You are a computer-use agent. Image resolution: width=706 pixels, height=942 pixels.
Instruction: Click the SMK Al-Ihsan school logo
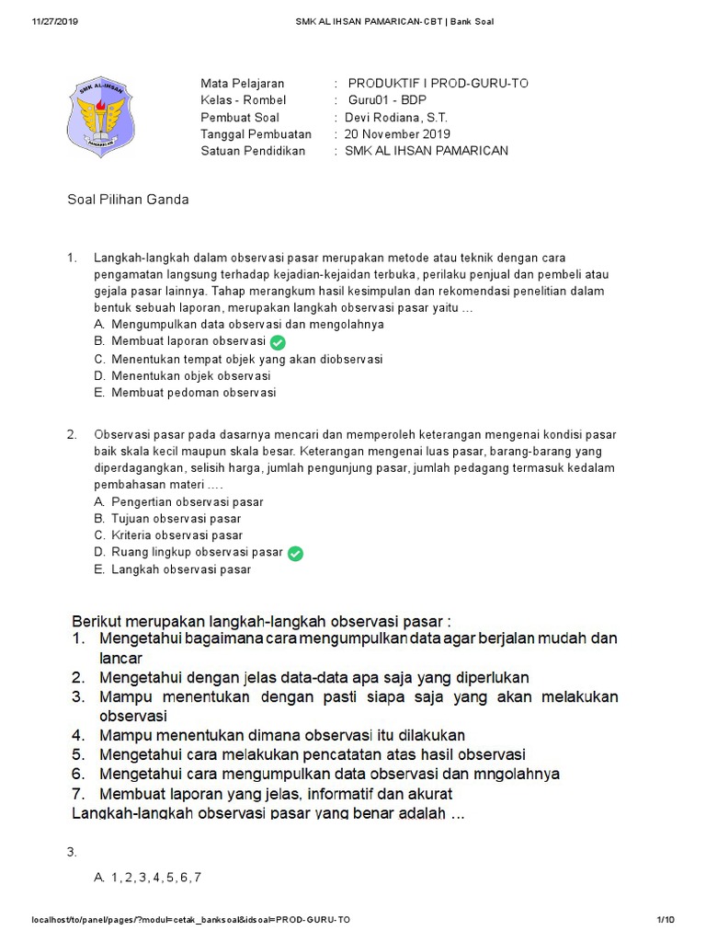(x=102, y=116)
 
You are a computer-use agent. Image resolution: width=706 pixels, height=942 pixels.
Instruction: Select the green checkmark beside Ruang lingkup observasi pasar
(x=295, y=553)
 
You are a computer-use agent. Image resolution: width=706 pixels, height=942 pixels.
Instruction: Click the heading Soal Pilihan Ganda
(x=129, y=199)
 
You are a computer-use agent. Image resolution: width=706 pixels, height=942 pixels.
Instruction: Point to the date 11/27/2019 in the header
(x=55, y=21)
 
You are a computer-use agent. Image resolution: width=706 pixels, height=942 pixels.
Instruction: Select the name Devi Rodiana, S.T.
(x=396, y=117)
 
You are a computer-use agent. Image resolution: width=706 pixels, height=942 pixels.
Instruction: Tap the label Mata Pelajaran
(x=243, y=84)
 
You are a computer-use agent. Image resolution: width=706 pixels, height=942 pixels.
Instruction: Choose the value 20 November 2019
(x=397, y=133)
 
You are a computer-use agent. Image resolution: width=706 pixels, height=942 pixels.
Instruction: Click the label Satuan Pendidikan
(x=253, y=151)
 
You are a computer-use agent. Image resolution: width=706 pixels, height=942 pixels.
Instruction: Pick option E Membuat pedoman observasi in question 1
(x=193, y=393)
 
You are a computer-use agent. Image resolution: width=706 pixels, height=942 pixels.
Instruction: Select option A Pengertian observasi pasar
(x=187, y=502)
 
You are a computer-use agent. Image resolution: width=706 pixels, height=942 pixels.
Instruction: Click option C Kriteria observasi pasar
(x=176, y=535)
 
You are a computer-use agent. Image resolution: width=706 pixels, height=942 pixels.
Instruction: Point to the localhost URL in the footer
(x=190, y=920)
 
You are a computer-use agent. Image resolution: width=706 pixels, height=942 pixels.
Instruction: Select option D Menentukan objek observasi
(x=190, y=376)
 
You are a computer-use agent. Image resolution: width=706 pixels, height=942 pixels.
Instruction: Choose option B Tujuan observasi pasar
(x=176, y=519)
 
